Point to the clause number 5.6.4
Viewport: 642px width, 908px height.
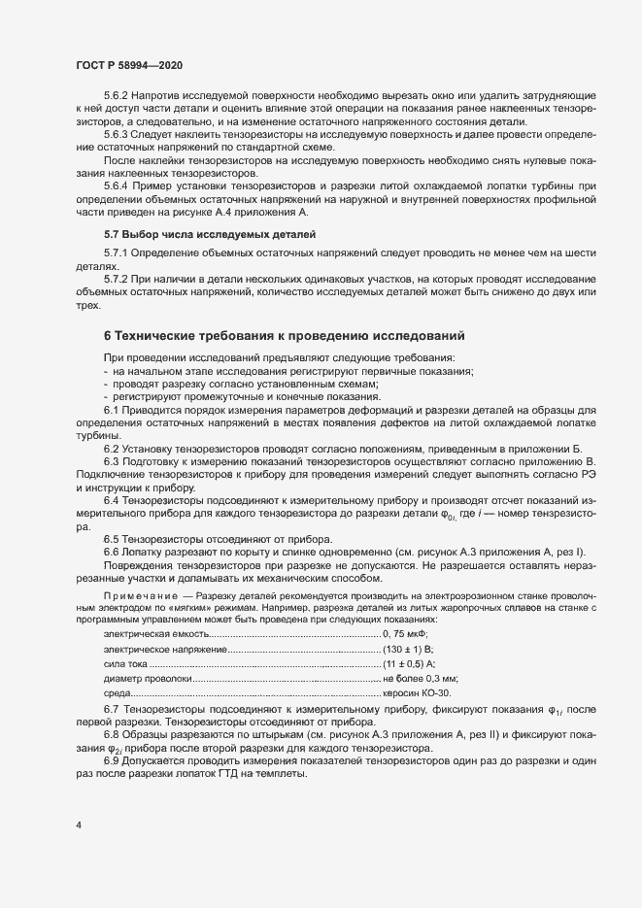(117, 185)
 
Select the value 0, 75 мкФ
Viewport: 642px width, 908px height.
(413, 633)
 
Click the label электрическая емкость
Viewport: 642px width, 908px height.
(155, 633)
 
